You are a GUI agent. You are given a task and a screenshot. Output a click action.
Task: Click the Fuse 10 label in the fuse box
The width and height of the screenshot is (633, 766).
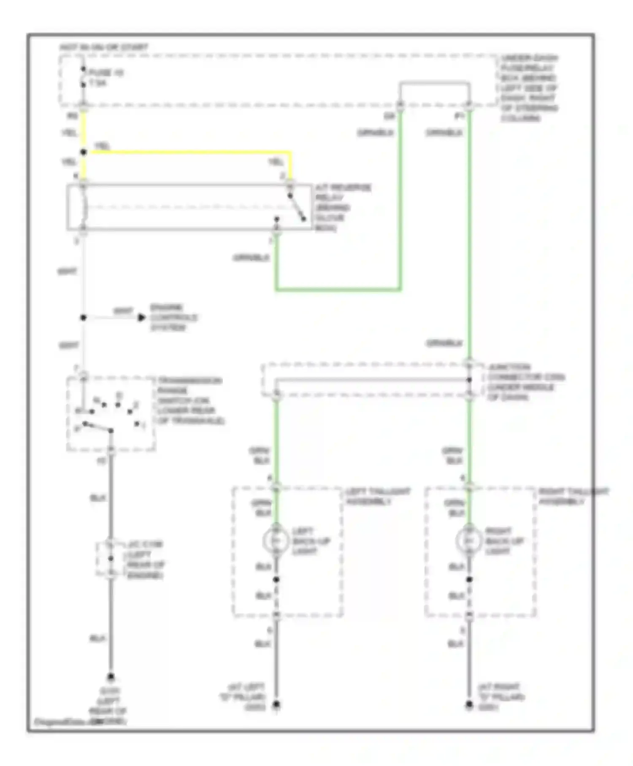tap(105, 73)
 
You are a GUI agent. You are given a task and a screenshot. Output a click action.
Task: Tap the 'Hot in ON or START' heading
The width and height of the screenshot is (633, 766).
tap(104, 47)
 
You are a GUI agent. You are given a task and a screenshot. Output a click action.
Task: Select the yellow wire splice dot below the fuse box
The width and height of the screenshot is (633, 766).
tap(84, 152)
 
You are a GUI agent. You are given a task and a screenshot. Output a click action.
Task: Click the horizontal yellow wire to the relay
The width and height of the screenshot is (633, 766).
tap(190, 152)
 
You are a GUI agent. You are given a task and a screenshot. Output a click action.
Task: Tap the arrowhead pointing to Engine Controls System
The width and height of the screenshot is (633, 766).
tap(142, 317)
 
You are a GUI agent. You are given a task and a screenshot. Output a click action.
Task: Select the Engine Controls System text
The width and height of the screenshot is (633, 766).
tap(173, 317)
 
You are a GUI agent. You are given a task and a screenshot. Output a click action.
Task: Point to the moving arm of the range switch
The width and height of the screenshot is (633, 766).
tap(98, 427)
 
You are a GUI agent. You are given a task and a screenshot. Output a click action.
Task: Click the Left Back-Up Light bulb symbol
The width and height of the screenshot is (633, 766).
tap(275, 541)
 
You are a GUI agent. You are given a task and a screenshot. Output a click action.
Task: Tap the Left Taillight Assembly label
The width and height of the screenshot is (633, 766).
tap(377, 496)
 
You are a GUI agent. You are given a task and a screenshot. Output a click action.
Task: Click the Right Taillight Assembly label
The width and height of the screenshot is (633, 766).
tap(573, 496)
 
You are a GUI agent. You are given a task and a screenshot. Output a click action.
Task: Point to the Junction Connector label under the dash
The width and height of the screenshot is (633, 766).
tap(525, 382)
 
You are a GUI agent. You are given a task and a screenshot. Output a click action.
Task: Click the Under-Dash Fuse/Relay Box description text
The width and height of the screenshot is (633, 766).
tap(529, 88)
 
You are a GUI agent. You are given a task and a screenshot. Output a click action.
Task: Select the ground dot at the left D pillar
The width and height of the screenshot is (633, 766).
tap(276, 704)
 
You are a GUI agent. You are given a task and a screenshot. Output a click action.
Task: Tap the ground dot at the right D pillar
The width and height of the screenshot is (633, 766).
tap(469, 704)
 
